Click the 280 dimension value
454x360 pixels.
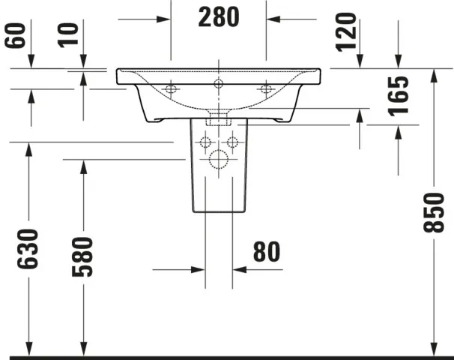(x=219, y=17)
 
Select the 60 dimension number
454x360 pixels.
(x=15, y=36)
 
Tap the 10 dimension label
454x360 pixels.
(x=68, y=36)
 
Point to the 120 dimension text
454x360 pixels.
(x=345, y=32)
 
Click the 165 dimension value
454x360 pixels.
(x=398, y=96)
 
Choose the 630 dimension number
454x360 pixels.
(x=28, y=249)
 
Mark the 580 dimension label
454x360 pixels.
(x=82, y=256)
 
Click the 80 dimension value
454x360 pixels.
(x=267, y=252)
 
